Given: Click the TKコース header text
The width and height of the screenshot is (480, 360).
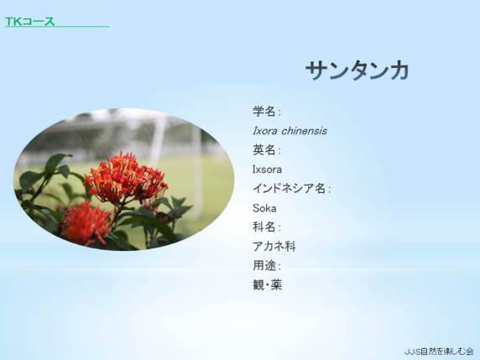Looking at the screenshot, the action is pyautogui.click(x=29, y=22).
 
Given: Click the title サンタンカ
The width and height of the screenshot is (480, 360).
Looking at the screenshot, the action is pyautogui.click(x=357, y=70).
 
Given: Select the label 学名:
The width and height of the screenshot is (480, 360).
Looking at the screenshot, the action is pyautogui.click(x=266, y=111).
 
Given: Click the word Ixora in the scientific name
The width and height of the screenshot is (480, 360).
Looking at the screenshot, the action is pyautogui.click(x=265, y=131).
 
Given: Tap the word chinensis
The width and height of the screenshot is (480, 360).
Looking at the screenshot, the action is pyautogui.click(x=304, y=131).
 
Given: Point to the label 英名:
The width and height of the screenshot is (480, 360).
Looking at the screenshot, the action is pyautogui.click(x=266, y=150).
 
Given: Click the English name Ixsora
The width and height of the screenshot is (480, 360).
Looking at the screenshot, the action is pyautogui.click(x=267, y=170).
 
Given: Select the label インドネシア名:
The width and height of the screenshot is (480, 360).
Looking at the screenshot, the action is pyautogui.click(x=291, y=189).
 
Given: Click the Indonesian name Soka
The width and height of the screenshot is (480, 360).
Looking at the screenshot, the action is pyautogui.click(x=264, y=208).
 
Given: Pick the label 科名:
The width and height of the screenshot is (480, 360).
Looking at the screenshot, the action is pyautogui.click(x=266, y=227).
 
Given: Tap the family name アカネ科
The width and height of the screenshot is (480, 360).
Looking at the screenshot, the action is pyautogui.click(x=274, y=247).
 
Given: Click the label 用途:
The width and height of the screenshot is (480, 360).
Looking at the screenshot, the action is pyautogui.click(x=266, y=265).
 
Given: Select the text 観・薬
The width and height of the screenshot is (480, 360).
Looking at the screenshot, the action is pyautogui.click(x=267, y=285).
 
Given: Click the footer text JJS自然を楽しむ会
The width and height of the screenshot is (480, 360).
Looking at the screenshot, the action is pyautogui.click(x=439, y=351).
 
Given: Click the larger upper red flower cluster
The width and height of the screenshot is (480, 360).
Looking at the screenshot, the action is pyautogui.click(x=126, y=179).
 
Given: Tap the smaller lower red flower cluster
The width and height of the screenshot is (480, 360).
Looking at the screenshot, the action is pyautogui.click(x=86, y=224).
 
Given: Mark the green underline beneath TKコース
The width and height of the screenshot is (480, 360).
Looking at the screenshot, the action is pyautogui.click(x=57, y=27).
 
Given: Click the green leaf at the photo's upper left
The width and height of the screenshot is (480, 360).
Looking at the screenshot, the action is pyautogui.click(x=55, y=162).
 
